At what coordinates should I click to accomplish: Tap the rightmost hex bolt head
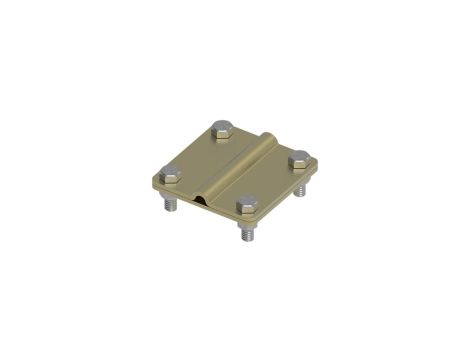tap(297, 157)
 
